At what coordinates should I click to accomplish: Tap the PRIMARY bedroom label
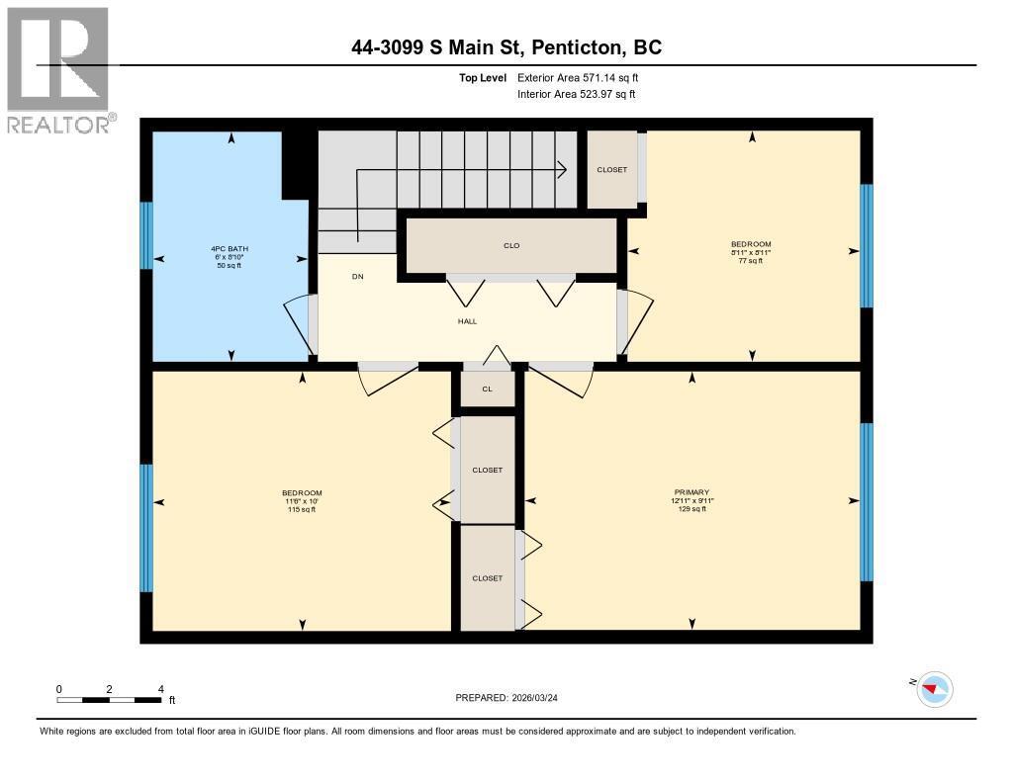[x=691, y=492]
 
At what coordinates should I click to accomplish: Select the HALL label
[x=467, y=321]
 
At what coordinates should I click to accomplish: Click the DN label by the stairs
[x=358, y=277]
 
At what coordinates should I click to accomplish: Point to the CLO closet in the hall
[x=511, y=245]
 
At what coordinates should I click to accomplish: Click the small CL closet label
[x=487, y=389]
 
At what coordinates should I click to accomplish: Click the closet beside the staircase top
[x=612, y=170]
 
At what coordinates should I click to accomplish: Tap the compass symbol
[x=935, y=689]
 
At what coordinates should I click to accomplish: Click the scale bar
[x=109, y=700]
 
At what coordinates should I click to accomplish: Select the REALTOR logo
[x=59, y=70]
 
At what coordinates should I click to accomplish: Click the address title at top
[x=506, y=47]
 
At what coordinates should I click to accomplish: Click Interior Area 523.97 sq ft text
[x=576, y=94]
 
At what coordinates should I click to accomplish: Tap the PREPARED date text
[x=513, y=698]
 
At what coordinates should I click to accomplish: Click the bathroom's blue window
[x=145, y=235]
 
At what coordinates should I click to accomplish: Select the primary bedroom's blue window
[x=867, y=501]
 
